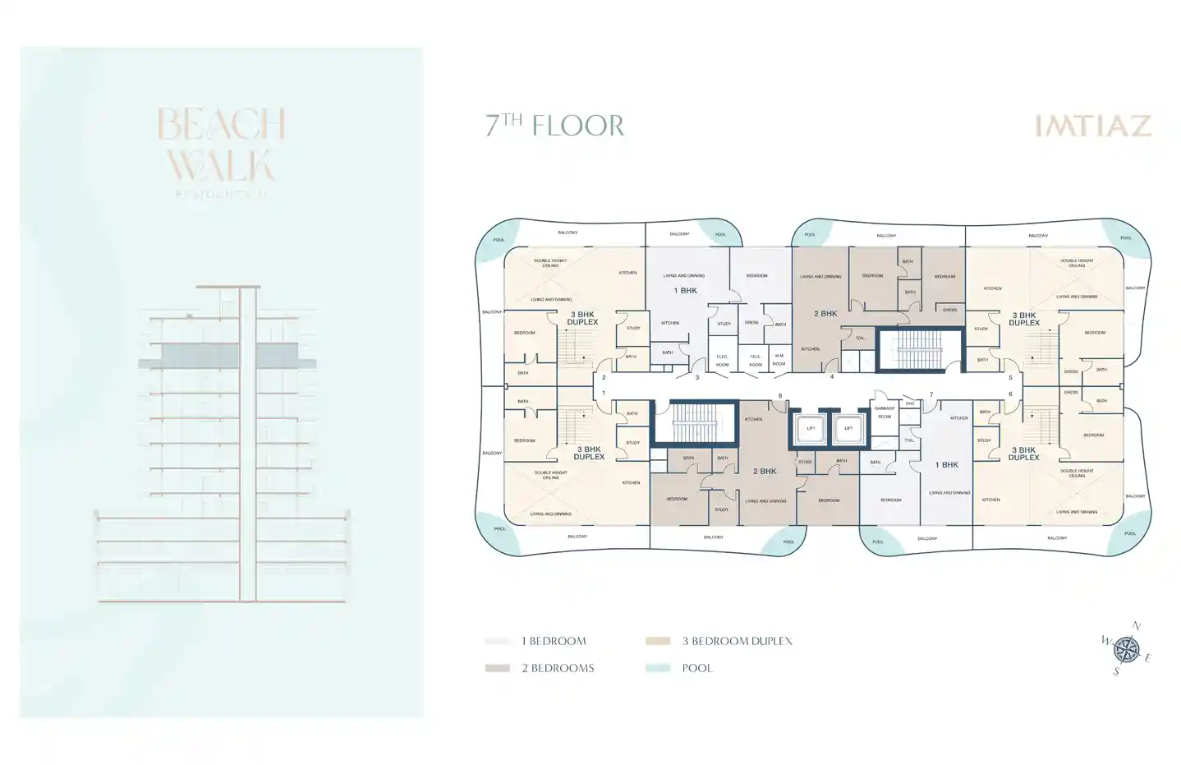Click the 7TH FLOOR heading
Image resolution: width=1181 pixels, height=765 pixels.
554,125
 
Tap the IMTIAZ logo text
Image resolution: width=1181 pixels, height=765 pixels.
1092,126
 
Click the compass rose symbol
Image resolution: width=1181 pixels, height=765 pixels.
1126,650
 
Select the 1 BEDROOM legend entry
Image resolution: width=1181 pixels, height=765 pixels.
553,641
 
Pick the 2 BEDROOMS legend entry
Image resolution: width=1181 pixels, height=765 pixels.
557,668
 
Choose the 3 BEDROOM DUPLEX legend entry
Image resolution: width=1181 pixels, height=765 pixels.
736,641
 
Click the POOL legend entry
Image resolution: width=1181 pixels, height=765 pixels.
696,668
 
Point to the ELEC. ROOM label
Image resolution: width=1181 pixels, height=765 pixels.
722,360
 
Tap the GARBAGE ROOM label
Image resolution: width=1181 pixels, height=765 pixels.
884,412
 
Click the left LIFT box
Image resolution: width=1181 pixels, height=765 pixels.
811,428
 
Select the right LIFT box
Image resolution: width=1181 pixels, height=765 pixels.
848,428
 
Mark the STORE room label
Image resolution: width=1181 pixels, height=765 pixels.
805,462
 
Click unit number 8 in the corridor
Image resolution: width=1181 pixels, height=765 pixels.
780,396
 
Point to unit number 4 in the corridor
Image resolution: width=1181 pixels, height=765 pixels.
832,377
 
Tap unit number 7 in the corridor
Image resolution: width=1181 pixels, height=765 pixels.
931,395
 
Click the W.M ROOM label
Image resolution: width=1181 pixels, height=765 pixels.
779,359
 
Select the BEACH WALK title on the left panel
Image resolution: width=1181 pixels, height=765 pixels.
221,145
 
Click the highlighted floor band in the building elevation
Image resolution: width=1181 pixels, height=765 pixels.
226,356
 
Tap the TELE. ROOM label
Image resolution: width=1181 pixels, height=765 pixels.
755,360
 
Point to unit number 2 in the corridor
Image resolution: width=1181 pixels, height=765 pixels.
604,378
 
